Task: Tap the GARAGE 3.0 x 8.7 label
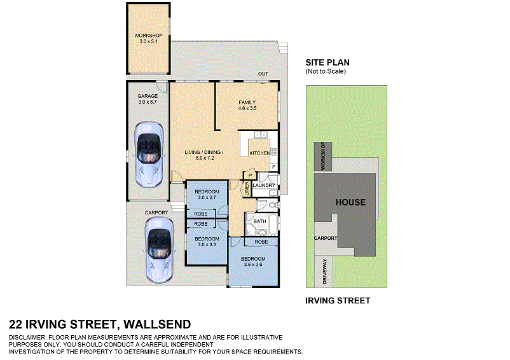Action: pos(147,99)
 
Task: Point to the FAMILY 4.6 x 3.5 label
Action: pos(247,106)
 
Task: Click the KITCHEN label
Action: pos(259,154)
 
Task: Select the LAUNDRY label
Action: pos(263,186)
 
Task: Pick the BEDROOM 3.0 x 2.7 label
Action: pos(207,195)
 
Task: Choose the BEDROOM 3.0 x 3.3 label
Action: pos(207,242)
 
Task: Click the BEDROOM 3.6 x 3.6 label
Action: pos(252,262)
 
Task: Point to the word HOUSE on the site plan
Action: pos(350,202)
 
